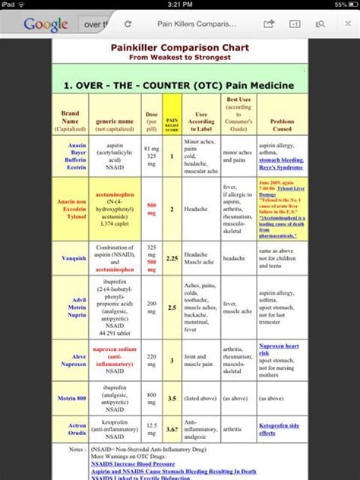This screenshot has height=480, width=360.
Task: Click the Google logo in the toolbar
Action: pos(46,24)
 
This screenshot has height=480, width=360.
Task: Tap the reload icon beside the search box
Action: pos(128,24)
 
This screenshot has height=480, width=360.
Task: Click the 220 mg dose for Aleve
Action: pos(151,361)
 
